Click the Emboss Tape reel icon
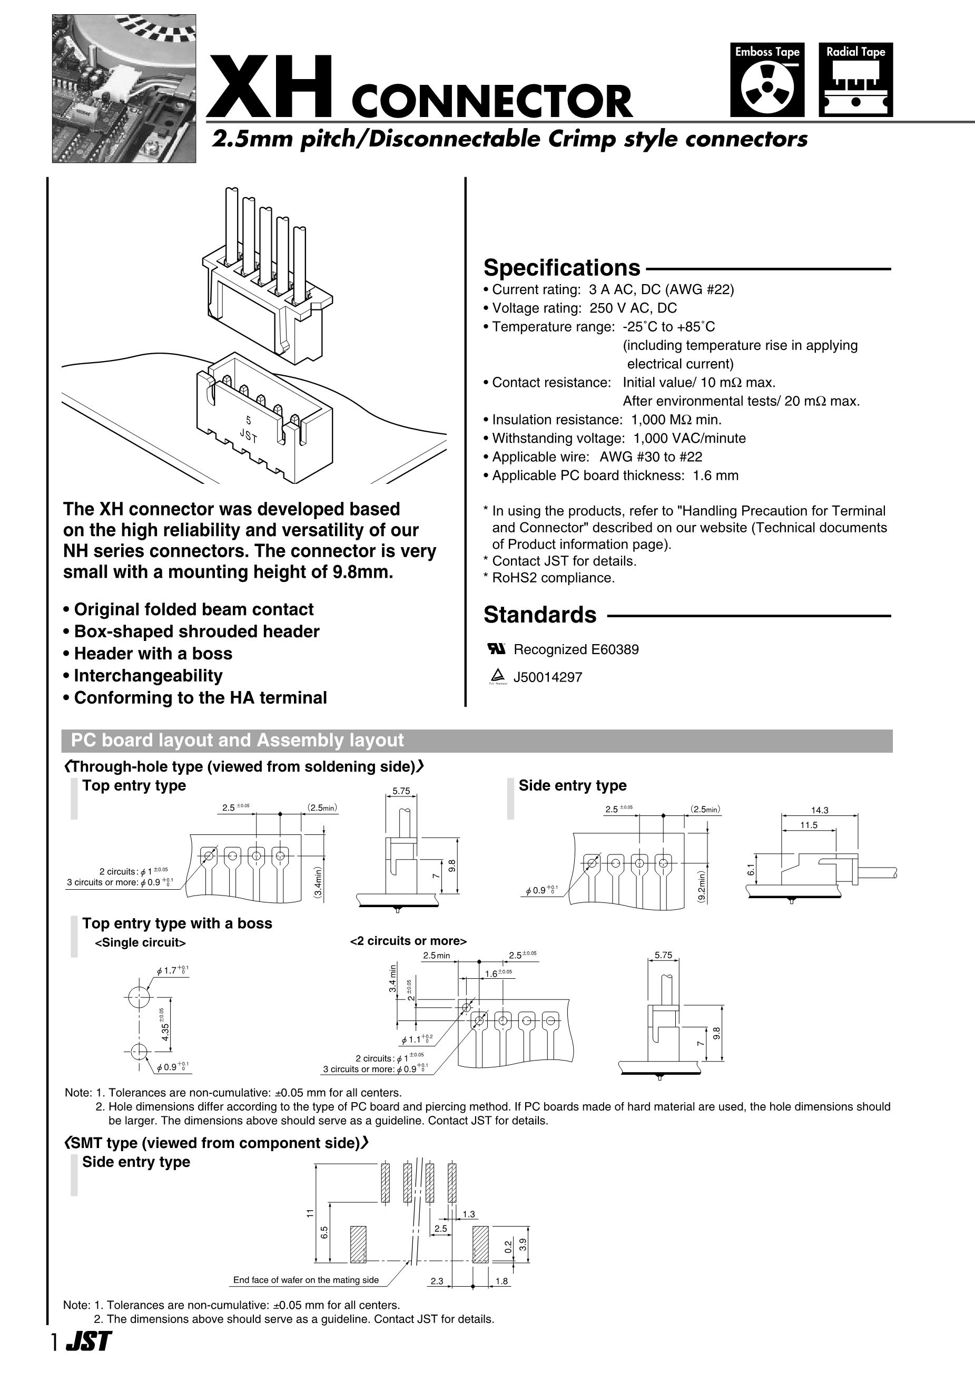[767, 80]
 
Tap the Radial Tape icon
[855, 80]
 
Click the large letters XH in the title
[269, 87]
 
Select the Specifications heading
[562, 268]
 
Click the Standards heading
[540, 615]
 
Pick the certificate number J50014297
[548, 677]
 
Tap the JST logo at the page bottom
[88, 1358]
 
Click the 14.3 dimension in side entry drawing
[819, 810]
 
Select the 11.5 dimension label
[809, 825]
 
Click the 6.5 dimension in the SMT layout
[324, 1232]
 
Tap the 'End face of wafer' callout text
[306, 1280]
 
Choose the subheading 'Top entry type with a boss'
[177, 923]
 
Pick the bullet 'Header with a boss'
[153, 654]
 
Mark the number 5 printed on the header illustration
[248, 421]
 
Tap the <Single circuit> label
[141, 942]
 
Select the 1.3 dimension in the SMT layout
[469, 1214]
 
